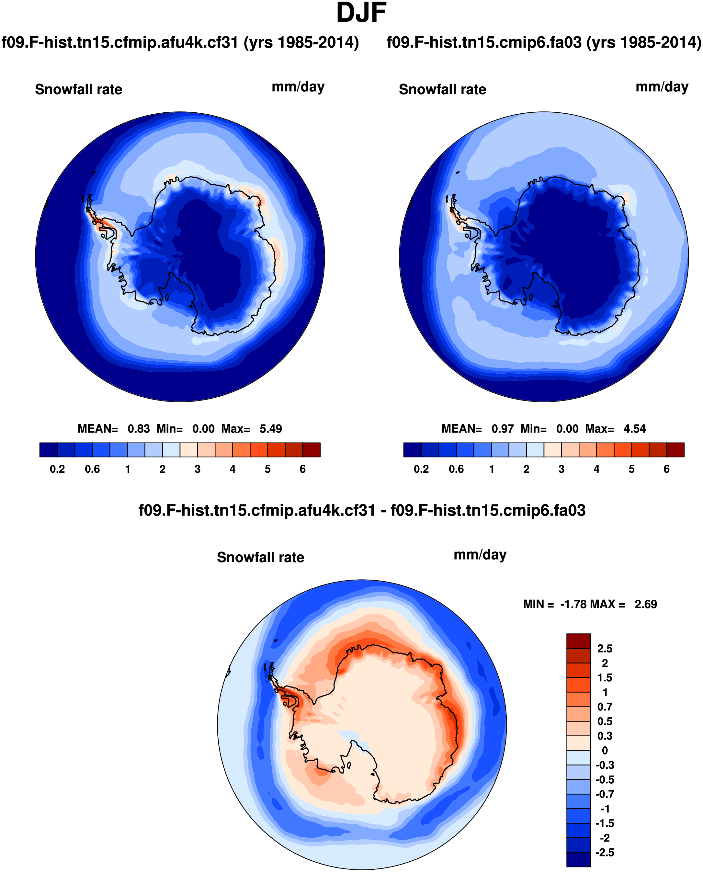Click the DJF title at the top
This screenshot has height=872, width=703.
click(361, 13)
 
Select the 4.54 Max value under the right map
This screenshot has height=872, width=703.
click(635, 429)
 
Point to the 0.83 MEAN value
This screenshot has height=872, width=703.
click(139, 429)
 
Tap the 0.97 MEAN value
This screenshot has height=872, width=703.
click(503, 429)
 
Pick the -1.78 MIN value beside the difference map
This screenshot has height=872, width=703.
click(573, 605)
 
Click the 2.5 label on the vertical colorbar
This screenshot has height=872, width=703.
click(605, 649)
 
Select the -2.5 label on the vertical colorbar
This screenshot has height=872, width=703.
click(605, 853)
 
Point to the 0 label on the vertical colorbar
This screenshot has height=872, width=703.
click(605, 751)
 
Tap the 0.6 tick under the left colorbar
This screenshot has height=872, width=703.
click(92, 469)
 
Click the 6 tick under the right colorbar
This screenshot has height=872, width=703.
click(666, 469)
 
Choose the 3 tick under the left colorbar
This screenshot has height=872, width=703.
click(198, 469)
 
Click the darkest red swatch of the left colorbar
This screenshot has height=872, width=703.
click(312, 450)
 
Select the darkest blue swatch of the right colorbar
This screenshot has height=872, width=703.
click(412, 450)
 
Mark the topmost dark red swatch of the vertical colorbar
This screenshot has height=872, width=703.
click(578, 641)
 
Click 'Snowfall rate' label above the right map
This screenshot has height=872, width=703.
click(442, 89)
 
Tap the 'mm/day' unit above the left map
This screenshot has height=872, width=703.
click(298, 87)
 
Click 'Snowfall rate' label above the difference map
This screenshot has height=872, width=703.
click(260, 558)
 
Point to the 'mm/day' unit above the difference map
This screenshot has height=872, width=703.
click(480, 555)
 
